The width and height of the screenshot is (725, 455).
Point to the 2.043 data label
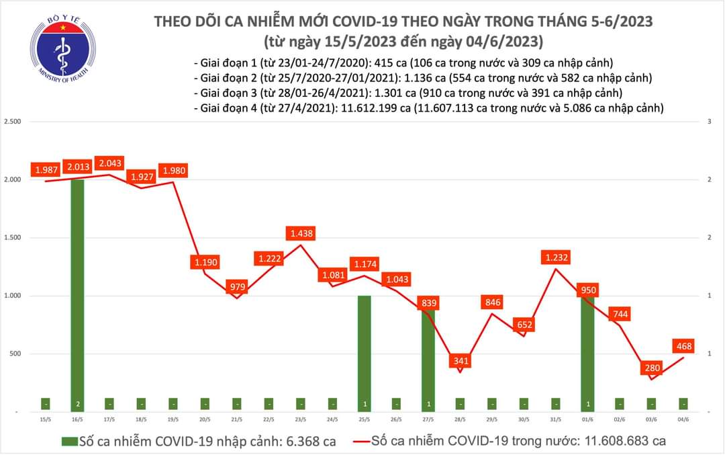(x=109, y=163)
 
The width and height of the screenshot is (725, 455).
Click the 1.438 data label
(x=300, y=234)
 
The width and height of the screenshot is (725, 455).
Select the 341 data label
(x=461, y=361)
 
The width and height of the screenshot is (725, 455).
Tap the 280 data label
(x=652, y=368)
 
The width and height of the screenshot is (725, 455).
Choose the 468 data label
(x=683, y=347)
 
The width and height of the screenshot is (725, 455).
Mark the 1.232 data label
(x=557, y=258)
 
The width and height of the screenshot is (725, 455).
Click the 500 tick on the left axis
(x=15, y=354)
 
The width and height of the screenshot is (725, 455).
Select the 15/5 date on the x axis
(x=45, y=419)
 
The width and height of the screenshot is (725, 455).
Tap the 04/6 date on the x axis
(x=683, y=419)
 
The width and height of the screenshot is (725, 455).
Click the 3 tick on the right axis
(x=714, y=122)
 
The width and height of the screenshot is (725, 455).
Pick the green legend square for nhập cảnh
(x=68, y=442)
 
